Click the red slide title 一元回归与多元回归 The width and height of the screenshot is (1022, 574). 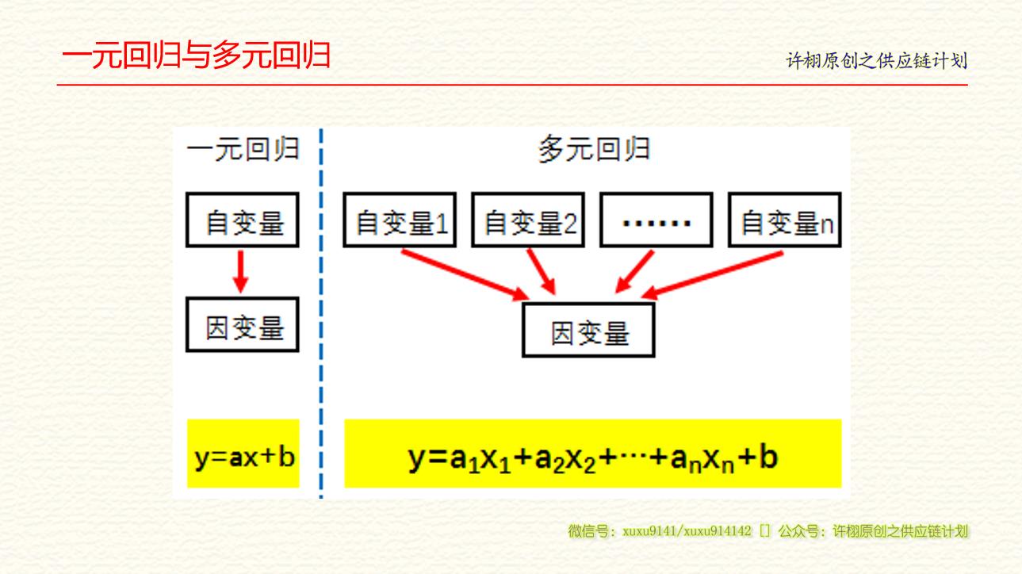click(x=196, y=55)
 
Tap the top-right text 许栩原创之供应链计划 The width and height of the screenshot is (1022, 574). click(x=876, y=61)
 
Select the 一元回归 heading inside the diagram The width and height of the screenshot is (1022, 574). click(x=243, y=149)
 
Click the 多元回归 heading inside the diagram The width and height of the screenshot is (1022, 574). click(x=595, y=149)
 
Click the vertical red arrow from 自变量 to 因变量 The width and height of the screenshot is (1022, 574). click(x=240, y=271)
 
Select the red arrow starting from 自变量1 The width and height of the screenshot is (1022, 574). click(x=465, y=274)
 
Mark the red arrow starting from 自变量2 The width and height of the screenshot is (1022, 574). click(x=542, y=271)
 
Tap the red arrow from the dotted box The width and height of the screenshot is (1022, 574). click(x=634, y=271)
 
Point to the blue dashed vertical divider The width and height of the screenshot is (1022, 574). click(x=321, y=313)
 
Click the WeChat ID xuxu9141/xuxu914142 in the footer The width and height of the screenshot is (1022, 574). click(x=687, y=531)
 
